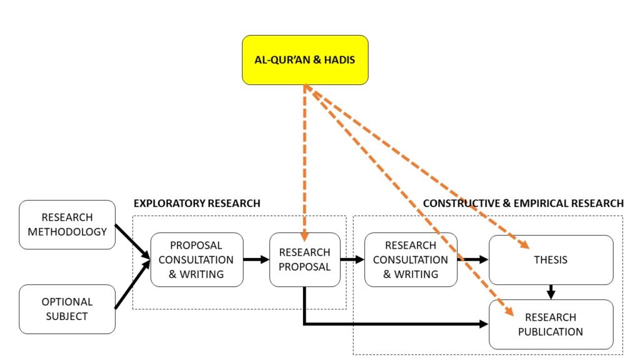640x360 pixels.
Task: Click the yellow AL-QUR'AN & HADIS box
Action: pyautogui.click(x=305, y=60)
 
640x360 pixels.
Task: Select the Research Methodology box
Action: pyautogui.click(x=67, y=224)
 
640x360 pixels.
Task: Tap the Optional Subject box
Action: pyautogui.click(x=67, y=309)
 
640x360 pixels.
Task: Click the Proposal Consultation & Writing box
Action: pyautogui.click(x=197, y=259)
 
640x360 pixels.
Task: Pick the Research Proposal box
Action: pyautogui.click(x=304, y=259)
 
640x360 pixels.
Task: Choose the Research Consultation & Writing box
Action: pyautogui.click(x=411, y=259)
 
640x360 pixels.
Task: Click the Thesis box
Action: pyautogui.click(x=551, y=259)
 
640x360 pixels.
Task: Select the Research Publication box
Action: pyautogui.click(x=551, y=324)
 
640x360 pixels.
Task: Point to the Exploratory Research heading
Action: pyautogui.click(x=197, y=203)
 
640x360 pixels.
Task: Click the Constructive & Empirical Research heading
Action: pyautogui.click(x=523, y=203)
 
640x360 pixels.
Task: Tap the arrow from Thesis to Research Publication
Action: pyautogui.click(x=551, y=292)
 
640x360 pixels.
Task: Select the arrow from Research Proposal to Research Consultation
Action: pyautogui.click(x=352, y=259)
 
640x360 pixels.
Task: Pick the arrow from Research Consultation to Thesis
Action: pyautogui.click(x=473, y=259)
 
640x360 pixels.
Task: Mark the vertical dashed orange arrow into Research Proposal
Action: pyautogui.click(x=304, y=162)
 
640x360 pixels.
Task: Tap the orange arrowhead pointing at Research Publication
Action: pyautogui.click(x=510, y=311)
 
